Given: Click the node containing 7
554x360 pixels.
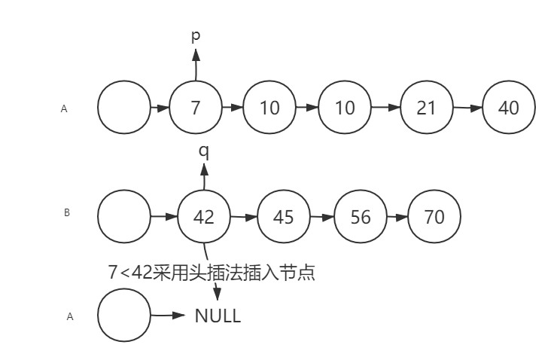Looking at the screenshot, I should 196,108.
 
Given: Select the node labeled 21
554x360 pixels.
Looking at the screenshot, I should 427,108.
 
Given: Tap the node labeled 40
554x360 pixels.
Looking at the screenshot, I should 509,108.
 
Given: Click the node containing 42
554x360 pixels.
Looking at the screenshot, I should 204,218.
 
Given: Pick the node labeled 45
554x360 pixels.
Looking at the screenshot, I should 283,218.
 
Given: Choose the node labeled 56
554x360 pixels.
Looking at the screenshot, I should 361,218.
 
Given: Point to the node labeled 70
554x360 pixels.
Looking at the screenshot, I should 434,218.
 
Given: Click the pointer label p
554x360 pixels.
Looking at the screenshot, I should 196,35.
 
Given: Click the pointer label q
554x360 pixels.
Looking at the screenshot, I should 203,151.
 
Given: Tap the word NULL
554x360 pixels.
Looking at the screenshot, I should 218,316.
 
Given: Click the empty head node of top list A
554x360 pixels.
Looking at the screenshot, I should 124,108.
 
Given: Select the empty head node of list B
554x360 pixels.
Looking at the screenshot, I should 124,218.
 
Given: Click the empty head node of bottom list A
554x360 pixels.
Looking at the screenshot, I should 124,316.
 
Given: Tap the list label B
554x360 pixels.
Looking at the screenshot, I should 66,213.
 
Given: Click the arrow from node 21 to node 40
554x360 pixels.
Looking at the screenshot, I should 467,108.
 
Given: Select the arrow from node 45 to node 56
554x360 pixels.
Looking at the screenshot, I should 322,218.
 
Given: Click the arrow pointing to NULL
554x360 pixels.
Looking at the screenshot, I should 169,316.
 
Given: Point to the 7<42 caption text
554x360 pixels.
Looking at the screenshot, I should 212,273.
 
